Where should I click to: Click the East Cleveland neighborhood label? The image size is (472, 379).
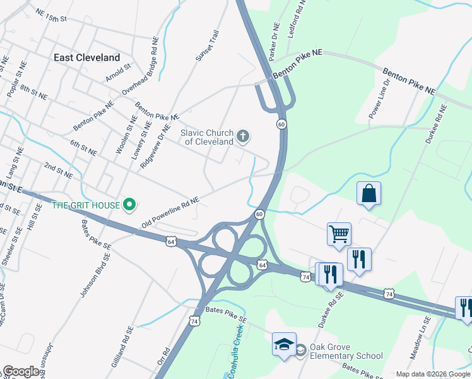(86, 57)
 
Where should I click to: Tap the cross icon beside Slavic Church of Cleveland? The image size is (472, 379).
(242, 136)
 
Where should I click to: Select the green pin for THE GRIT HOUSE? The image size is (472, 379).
(129, 205)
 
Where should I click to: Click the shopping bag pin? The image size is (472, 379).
(369, 193)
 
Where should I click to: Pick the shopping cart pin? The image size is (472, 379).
(339, 234)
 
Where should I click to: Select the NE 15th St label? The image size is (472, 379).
(51, 15)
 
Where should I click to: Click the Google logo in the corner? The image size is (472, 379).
(21, 371)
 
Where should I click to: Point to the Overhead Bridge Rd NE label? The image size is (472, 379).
(140, 74)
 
